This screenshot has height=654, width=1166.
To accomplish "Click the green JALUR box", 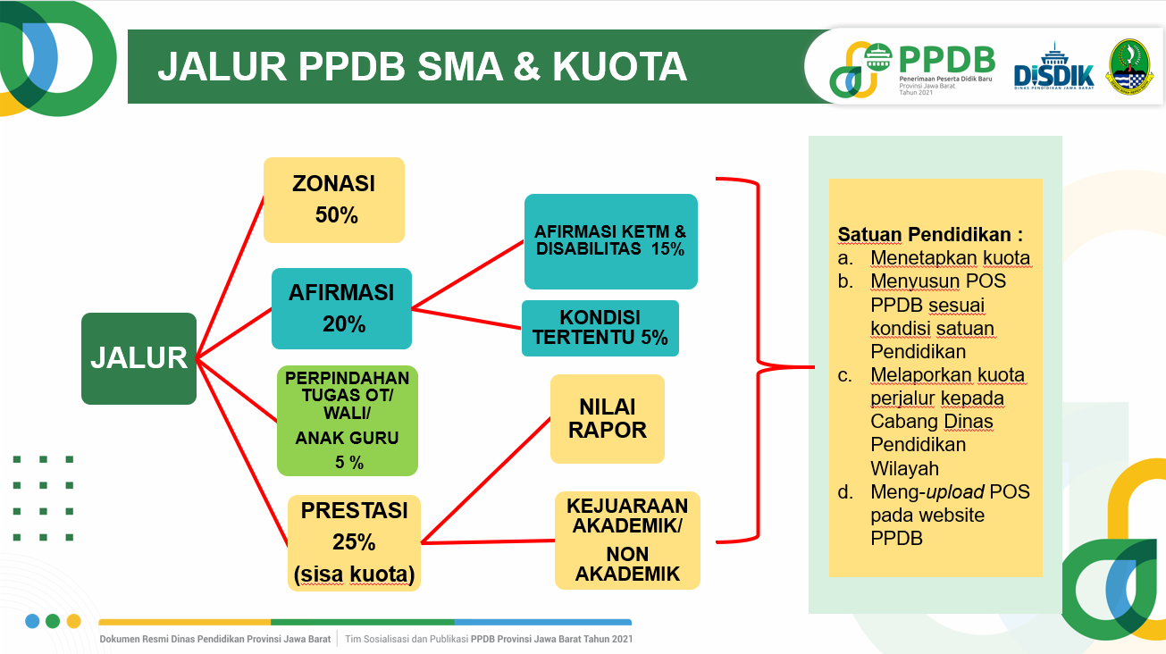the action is [139, 358].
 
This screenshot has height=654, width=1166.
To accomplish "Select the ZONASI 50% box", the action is [334, 200].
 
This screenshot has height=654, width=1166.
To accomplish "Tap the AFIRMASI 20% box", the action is [341, 308].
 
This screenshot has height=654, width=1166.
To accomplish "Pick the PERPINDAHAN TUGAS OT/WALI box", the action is [348, 420].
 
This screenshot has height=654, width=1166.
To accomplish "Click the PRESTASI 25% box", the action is [354, 542].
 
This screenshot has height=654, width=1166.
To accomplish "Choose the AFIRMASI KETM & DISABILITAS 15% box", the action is [610, 241].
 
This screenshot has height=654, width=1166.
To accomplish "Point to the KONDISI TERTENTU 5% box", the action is [600, 328].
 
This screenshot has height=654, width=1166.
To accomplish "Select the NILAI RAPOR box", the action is [608, 419].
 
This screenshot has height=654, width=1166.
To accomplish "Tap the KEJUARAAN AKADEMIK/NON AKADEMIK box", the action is [627, 540].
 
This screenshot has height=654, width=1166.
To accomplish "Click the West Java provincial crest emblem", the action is [1129, 67].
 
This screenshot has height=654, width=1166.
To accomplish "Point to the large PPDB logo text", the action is [947, 59].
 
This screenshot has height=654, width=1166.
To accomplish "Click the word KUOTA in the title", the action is [619, 67].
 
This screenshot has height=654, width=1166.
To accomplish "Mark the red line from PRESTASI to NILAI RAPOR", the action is [486, 480].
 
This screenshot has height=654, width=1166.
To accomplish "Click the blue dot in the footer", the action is [32, 621].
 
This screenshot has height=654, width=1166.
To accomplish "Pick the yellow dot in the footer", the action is [74, 621].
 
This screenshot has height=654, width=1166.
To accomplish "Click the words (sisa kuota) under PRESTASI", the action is [354, 574].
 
